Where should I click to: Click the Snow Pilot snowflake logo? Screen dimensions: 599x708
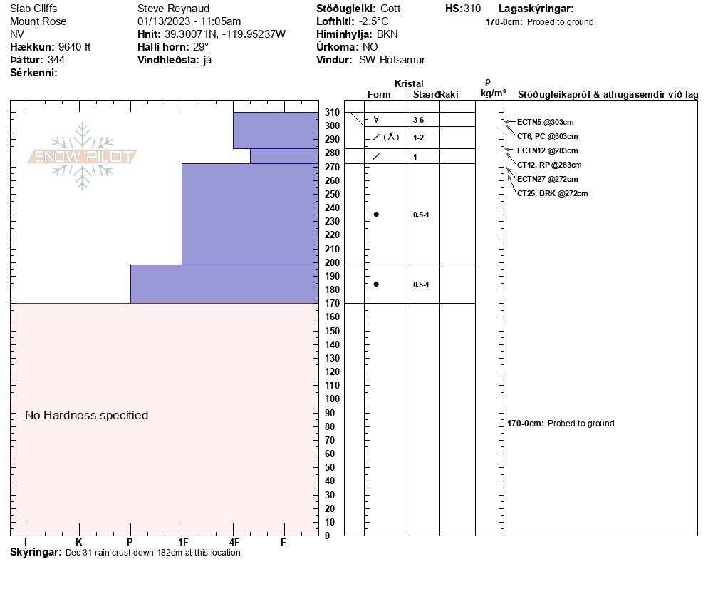pyautogui.click(x=83, y=156)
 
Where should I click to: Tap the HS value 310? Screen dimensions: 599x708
pyautogui.click(x=472, y=9)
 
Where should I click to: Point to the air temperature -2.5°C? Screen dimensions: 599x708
pyautogui.click(x=373, y=21)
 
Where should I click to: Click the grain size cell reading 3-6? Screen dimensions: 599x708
pyautogui.click(x=419, y=120)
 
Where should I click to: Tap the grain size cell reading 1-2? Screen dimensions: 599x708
pyautogui.click(x=419, y=138)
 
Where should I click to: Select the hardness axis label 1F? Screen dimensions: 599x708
pyautogui.click(x=182, y=543)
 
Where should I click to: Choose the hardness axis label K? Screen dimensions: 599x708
pyautogui.click(x=79, y=543)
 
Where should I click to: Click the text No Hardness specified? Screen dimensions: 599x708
pyautogui.click(x=86, y=415)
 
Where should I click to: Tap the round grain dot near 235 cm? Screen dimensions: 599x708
pyautogui.click(x=376, y=214)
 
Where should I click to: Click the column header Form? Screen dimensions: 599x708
pyautogui.click(x=379, y=94)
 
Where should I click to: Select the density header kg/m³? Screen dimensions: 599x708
pyautogui.click(x=493, y=93)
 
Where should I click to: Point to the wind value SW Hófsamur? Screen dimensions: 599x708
pyautogui.click(x=392, y=60)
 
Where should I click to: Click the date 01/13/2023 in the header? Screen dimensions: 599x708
pyautogui.click(x=165, y=21)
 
